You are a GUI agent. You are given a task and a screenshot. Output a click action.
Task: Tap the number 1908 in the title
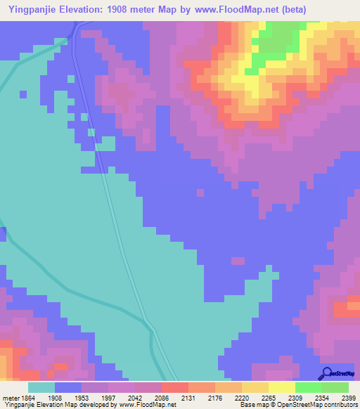(134, 11)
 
